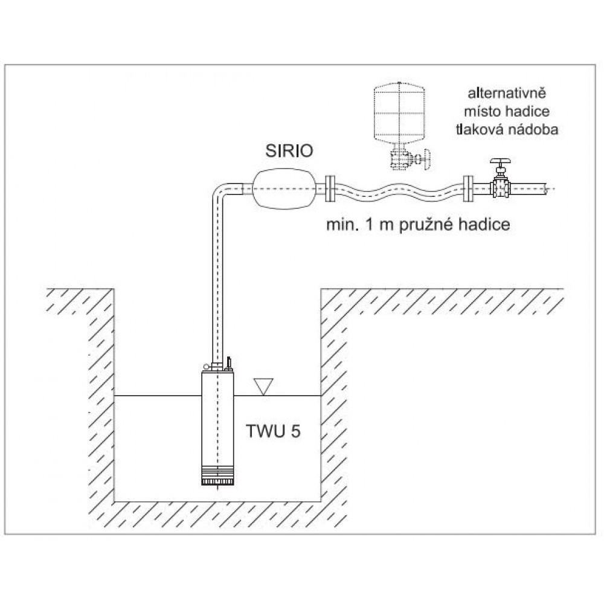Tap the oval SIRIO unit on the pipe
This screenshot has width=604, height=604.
[x=283, y=188]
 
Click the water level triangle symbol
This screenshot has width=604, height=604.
[x=263, y=386]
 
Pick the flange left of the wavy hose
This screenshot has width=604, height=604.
[x=330, y=188]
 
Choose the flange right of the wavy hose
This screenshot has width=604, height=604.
[x=467, y=188]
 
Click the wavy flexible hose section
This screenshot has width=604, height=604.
[x=399, y=188]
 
